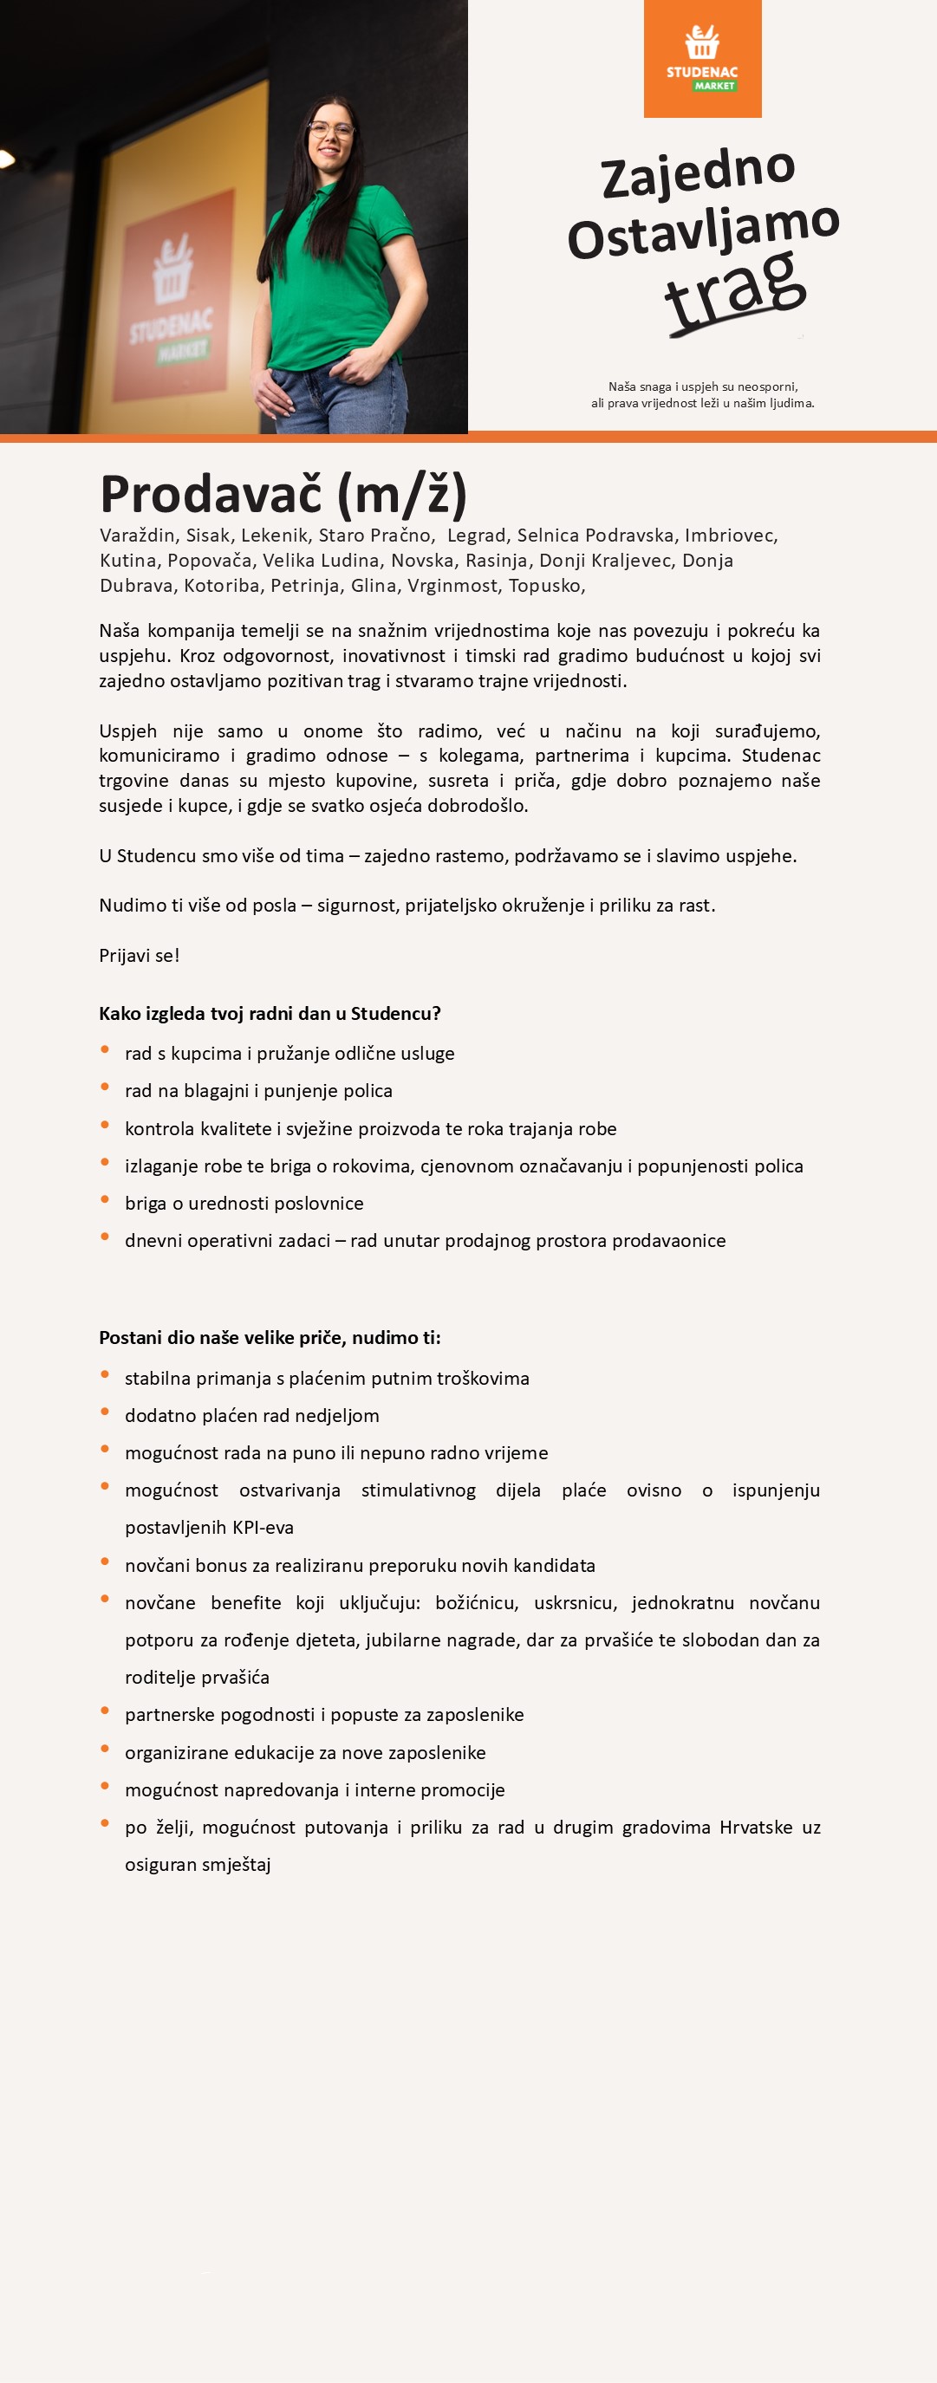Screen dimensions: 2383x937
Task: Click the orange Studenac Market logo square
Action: pyautogui.click(x=702, y=59)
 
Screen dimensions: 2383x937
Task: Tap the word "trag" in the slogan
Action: pyautogui.click(x=735, y=290)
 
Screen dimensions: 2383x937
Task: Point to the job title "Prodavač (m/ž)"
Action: pyautogui.click(x=283, y=493)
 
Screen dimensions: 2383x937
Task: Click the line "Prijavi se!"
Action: pyautogui.click(x=140, y=956)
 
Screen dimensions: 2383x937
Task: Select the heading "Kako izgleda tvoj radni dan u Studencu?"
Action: pyautogui.click(x=270, y=1013)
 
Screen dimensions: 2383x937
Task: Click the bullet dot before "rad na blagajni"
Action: pyautogui.click(x=106, y=1087)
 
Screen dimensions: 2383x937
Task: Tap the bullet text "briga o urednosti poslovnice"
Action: pyautogui.click(x=244, y=1204)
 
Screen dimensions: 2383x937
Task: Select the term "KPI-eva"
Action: pyautogui.click(x=256, y=1528)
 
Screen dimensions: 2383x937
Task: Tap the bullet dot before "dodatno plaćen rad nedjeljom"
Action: pyautogui.click(x=106, y=1412)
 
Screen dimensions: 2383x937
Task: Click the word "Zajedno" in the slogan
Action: pyautogui.click(x=699, y=172)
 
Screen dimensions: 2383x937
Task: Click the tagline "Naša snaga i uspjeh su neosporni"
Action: pyautogui.click(x=703, y=386)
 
